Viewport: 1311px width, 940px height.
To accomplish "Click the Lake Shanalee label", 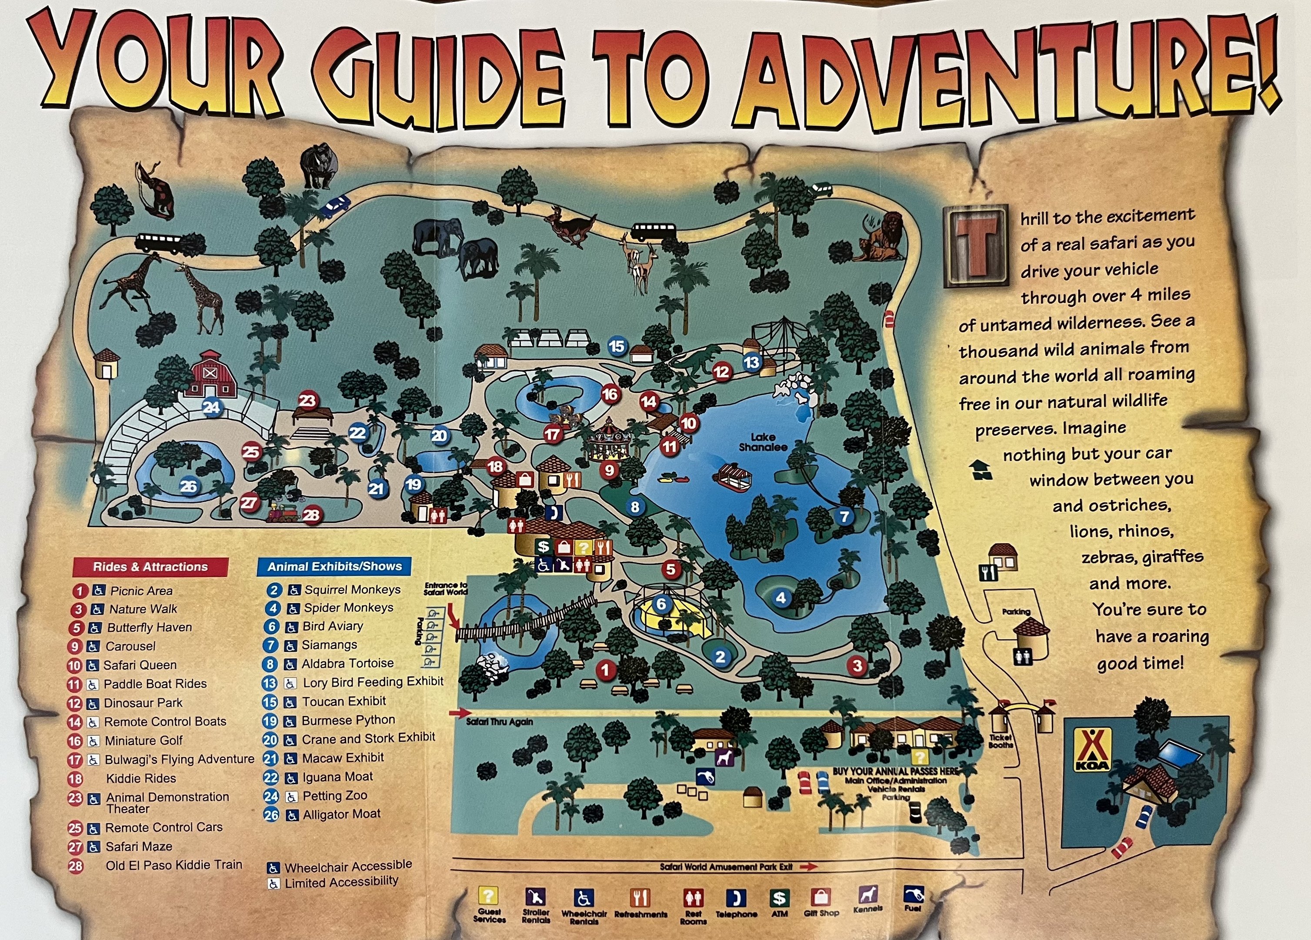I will tap(763, 443).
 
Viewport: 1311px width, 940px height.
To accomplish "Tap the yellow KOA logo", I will tap(1092, 750).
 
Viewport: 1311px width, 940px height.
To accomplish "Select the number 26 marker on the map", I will tap(188, 487).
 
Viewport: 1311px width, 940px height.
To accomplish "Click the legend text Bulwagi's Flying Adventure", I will tap(179, 759).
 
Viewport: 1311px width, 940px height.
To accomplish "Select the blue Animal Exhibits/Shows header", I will tap(334, 566).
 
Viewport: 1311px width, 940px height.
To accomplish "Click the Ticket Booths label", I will tap(1001, 741).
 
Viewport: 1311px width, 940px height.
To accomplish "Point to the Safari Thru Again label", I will tap(500, 722).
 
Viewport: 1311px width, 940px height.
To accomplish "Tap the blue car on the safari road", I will tap(334, 205).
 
